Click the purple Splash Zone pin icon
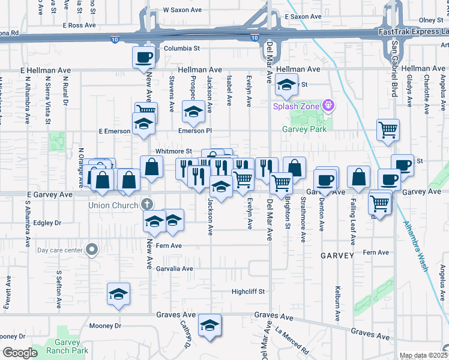tap(328, 106)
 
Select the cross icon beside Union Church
tap(146, 204)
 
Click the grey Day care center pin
tap(92, 249)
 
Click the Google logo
tap(20, 353)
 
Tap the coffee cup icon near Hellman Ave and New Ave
tap(143, 58)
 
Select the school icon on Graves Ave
tap(209, 326)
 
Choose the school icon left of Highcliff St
tap(118, 294)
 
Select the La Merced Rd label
tap(292, 339)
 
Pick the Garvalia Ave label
tap(175, 269)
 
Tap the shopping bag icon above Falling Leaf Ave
tap(358, 177)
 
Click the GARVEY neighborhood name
tap(337, 256)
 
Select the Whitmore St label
tap(173, 151)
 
